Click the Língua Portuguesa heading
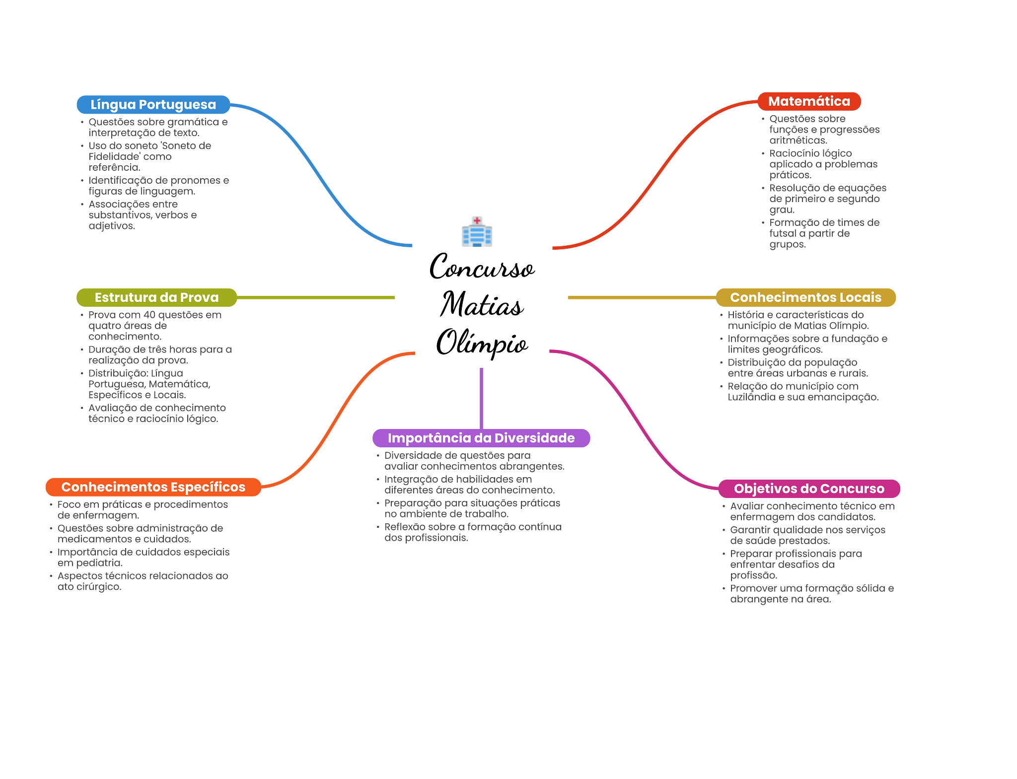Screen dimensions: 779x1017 [153, 105]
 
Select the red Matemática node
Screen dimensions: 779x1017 [809, 101]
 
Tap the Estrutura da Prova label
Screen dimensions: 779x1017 [156, 297]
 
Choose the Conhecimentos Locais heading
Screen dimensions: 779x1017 [805, 297]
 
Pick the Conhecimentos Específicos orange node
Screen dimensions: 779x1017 [153, 487]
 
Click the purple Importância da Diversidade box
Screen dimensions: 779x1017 [481, 438]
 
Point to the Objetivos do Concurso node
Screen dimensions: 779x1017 [809, 489]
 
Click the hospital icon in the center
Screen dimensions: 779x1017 [477, 231]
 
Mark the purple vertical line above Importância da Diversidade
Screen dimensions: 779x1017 [481, 397]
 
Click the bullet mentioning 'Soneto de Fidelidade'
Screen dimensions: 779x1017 [149, 156]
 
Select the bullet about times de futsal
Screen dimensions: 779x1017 [824, 233]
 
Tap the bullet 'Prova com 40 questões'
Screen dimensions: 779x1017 [154, 326]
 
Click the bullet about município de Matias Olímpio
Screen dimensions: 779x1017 [798, 320]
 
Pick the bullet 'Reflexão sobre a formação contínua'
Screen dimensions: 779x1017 [473, 532]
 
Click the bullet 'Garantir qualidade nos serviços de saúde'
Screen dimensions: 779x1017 [807, 535]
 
